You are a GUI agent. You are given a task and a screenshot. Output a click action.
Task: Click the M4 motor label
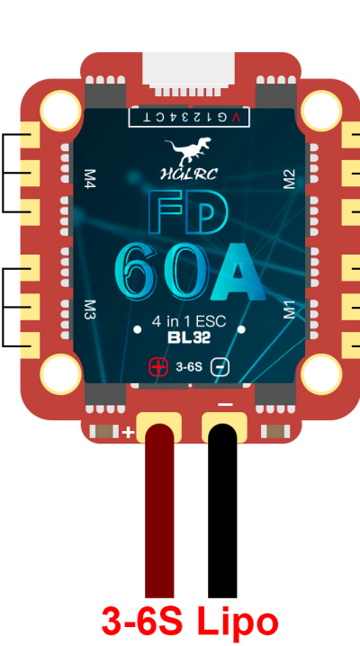89,179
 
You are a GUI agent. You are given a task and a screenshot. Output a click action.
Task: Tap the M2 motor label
290,179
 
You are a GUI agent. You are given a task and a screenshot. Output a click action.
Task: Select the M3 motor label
89,310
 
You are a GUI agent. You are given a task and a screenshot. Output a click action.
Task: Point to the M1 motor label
290,310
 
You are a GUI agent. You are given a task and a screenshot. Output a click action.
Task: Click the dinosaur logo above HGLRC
188,151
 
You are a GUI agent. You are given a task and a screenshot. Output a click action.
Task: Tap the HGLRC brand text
189,175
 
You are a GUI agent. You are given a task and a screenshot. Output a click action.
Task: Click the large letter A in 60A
238,272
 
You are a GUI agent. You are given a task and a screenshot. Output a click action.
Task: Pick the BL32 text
189,337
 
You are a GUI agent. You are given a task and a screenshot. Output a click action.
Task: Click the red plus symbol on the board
158,367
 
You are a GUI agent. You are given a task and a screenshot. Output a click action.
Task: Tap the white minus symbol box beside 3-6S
220,367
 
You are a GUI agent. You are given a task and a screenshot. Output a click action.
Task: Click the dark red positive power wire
159,511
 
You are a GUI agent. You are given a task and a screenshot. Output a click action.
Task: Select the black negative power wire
222,511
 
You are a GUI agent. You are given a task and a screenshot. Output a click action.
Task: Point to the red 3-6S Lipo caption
190,622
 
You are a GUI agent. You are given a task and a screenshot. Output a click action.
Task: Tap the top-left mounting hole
60,111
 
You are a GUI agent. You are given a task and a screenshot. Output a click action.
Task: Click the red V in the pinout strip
236,118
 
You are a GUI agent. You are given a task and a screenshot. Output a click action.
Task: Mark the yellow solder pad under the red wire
159,426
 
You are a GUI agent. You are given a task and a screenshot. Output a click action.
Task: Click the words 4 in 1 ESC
189,321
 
